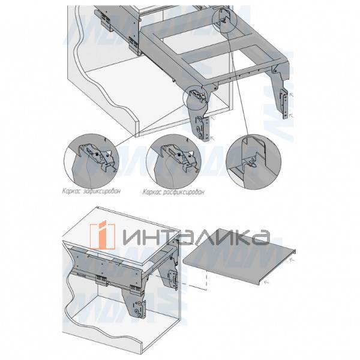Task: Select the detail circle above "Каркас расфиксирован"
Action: tap(176, 159)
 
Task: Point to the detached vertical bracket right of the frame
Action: tap(283, 103)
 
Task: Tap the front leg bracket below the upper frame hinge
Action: tap(201, 123)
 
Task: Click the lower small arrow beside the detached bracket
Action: tap(292, 114)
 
